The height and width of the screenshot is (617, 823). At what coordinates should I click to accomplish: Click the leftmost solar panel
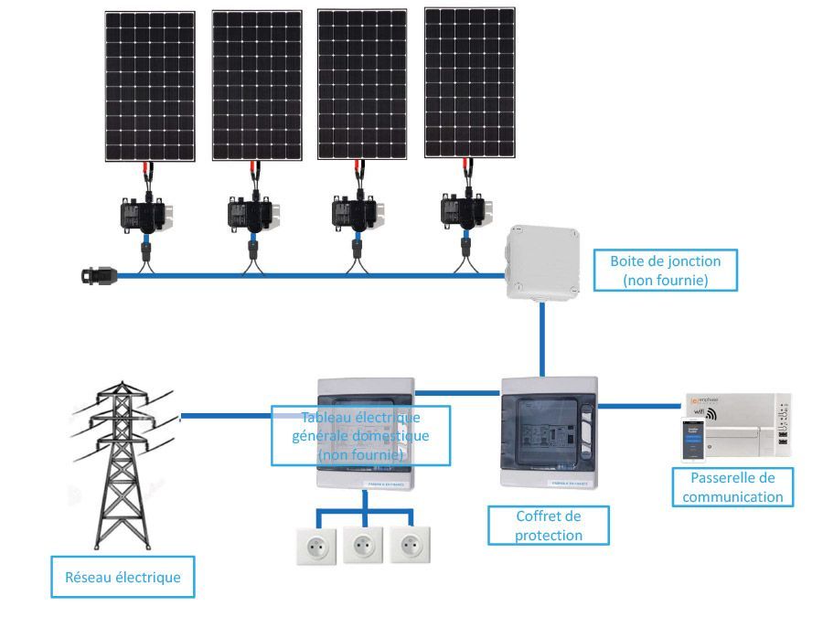point(149,87)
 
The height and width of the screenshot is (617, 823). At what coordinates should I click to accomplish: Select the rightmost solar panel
point(469,83)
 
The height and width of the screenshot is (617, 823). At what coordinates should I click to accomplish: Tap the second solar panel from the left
point(257,86)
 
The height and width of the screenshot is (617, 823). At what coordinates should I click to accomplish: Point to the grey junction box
point(543,264)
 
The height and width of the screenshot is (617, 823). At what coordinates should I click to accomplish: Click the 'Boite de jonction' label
point(665,271)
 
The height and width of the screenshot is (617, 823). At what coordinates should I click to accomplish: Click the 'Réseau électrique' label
point(123,578)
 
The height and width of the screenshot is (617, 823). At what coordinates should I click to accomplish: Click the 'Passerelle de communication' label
point(732,488)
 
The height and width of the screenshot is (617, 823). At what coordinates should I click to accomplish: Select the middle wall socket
point(363,545)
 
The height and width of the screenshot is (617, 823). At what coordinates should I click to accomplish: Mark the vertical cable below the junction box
point(542,338)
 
